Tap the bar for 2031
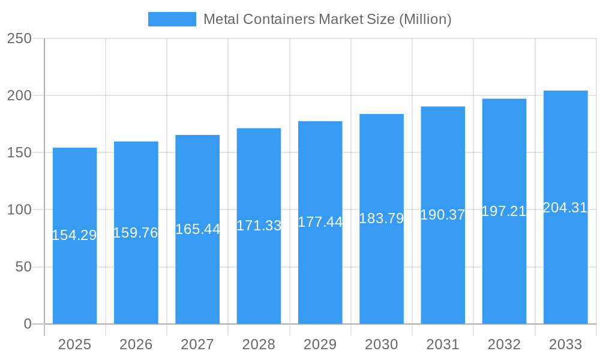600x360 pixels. click(443, 270)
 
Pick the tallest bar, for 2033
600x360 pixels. click(565, 270)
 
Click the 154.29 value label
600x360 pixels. click(74, 235)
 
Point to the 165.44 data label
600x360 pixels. click(197, 229)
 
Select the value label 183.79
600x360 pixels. click(382, 218)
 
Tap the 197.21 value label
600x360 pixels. click(504, 211)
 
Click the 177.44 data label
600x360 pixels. click(320, 222)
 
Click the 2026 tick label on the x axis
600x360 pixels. click(136, 344)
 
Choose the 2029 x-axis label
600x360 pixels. click(320, 344)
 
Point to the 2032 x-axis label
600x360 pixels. click(504, 344)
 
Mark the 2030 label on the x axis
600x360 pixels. click(382, 344)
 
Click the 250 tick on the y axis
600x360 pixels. click(20, 38)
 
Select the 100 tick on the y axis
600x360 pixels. click(20, 210)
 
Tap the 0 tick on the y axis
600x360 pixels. click(28, 324)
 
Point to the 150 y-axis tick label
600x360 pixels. click(20, 153)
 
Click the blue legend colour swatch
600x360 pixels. click(172, 19)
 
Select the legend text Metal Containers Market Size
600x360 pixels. click(328, 19)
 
